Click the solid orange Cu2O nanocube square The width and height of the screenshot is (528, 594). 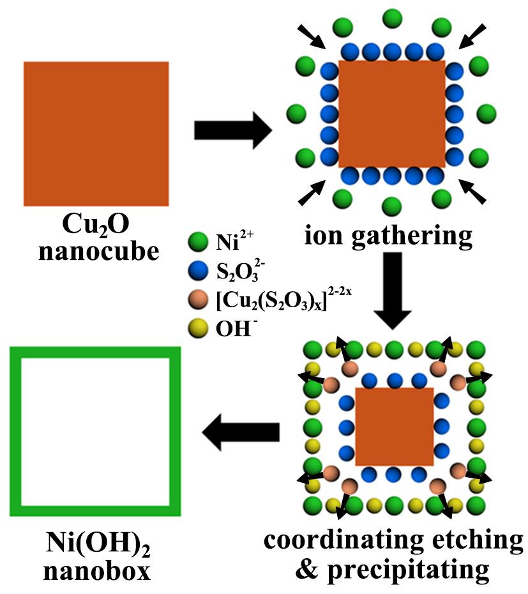pos(96,133)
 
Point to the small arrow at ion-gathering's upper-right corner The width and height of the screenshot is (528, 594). pos(472,36)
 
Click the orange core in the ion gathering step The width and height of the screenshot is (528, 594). pos(391,114)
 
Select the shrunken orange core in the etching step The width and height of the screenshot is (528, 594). pos(394,426)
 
